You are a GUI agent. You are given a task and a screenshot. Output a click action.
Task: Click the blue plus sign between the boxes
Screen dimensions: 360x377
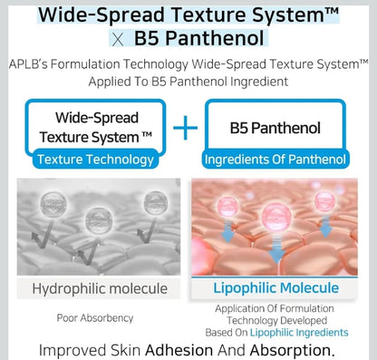[x=185, y=127]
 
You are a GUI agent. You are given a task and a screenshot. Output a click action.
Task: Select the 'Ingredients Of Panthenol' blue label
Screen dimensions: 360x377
[x=276, y=161]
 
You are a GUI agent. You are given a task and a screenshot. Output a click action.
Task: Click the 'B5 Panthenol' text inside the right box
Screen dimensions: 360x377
[x=276, y=128]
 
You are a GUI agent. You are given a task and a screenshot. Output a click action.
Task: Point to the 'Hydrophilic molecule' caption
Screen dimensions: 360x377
[x=101, y=288]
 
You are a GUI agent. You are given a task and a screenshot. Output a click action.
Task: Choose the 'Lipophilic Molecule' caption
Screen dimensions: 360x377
[x=276, y=288]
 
